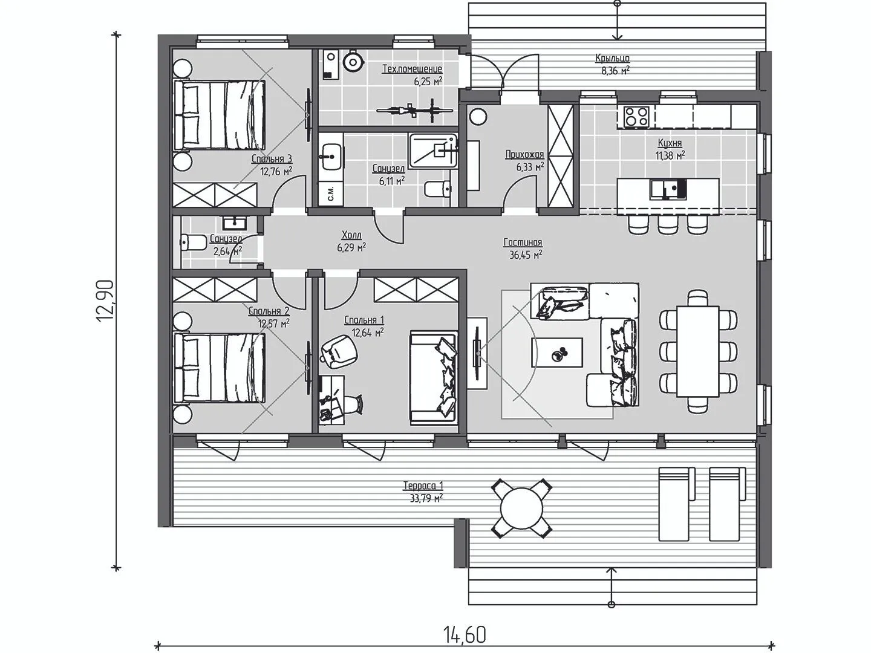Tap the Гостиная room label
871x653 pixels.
(x=523, y=242)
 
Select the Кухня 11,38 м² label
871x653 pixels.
(x=670, y=149)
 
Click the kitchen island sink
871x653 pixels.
(x=668, y=189)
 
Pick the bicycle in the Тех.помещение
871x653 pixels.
(x=414, y=111)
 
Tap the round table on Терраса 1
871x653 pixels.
(x=521, y=508)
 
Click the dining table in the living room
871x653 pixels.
(x=698, y=351)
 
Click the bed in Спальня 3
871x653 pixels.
(x=220, y=114)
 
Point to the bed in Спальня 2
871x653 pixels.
(x=220, y=368)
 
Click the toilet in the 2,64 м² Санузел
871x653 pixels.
(x=192, y=242)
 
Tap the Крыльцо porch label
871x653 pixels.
(x=612, y=58)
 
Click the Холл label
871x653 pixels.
(x=351, y=236)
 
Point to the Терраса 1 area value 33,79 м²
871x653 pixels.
(x=426, y=498)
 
